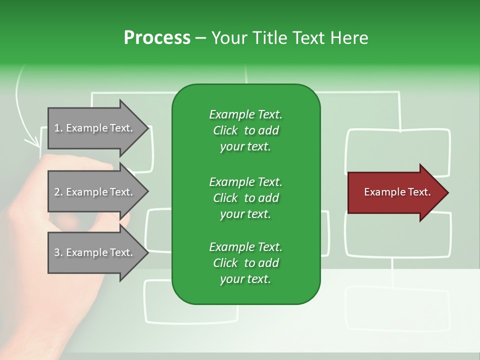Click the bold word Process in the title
157,38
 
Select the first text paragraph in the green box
245,130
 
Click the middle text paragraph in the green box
245,197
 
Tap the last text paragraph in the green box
245,263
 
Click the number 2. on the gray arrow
58,192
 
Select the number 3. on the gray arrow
58,252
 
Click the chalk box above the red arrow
398,150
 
